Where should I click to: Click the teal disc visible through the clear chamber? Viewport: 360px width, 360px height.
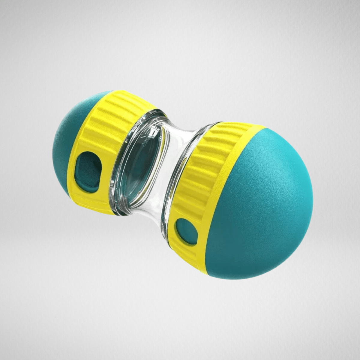141,168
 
